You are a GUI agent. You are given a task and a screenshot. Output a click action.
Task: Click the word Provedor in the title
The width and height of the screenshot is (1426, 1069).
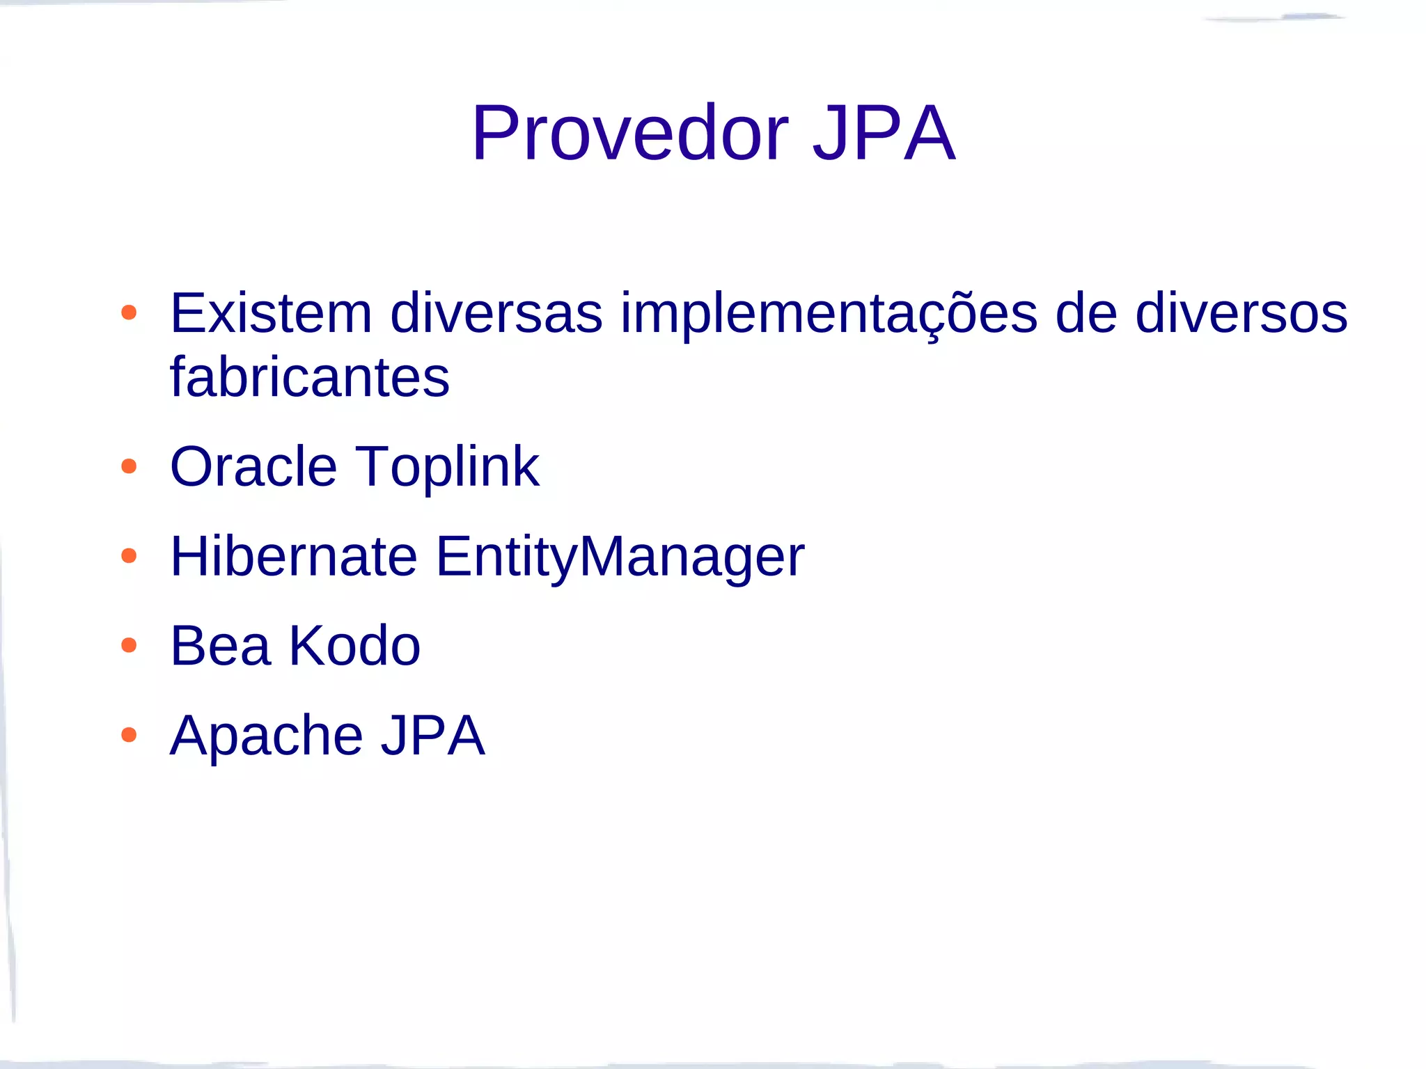tap(629, 133)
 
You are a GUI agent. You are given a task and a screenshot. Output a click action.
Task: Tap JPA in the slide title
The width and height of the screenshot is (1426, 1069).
tap(884, 133)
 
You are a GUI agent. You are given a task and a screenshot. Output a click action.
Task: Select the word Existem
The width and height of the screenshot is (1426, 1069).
tap(271, 313)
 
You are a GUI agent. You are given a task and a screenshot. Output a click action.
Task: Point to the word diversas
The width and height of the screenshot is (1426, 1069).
tap(496, 313)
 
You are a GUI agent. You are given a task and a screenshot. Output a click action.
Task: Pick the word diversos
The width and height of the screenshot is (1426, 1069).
tap(1241, 313)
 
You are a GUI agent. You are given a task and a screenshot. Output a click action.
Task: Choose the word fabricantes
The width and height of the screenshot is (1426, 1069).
tap(310, 377)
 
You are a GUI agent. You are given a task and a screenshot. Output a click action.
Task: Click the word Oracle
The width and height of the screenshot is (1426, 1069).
tap(253, 466)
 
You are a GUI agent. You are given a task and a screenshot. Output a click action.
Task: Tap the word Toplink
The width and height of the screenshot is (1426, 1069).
tap(447, 468)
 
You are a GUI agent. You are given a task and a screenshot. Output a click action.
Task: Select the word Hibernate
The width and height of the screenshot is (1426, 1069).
tap(293, 556)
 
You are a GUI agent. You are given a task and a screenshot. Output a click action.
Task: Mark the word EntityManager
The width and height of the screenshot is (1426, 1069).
tap(620, 557)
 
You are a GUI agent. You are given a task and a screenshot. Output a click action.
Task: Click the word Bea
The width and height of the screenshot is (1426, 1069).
tap(220, 646)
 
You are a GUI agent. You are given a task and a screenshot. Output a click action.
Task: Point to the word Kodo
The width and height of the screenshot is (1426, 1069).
tap(354, 646)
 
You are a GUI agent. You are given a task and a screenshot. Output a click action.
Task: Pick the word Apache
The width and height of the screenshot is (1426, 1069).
tap(266, 736)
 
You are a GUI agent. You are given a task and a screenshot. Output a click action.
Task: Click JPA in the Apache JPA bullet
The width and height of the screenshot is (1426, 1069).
tap(432, 736)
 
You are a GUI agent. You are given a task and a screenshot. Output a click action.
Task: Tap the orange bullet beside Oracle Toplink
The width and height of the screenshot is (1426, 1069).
tap(129, 466)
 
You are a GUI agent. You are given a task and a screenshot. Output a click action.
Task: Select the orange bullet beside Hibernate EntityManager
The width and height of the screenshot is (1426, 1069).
tap(129, 555)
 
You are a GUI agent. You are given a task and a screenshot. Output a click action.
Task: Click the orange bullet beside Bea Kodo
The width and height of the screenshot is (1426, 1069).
tap(129, 645)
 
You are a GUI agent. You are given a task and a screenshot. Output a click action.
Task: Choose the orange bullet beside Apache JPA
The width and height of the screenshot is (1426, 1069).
tap(129, 735)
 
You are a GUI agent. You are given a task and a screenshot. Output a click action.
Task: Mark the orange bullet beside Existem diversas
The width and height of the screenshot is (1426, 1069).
tap(129, 312)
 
